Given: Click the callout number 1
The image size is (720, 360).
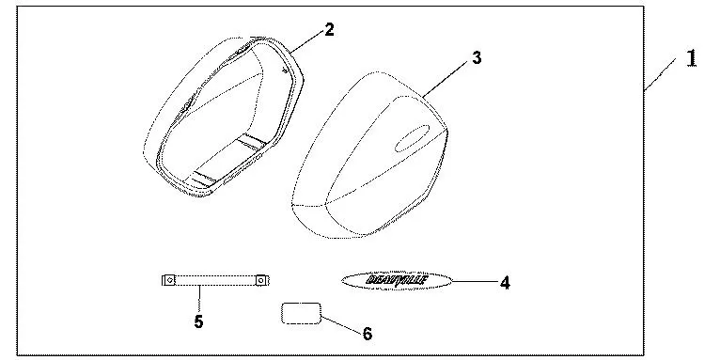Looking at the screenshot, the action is pyautogui.click(x=692, y=58).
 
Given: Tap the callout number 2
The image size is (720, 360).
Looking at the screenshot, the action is pyautogui.click(x=329, y=29).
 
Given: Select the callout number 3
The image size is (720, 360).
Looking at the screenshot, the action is pyautogui.click(x=477, y=58).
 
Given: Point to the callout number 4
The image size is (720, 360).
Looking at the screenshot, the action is pyautogui.click(x=505, y=281).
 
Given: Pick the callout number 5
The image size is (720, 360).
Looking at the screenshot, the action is pyautogui.click(x=198, y=321).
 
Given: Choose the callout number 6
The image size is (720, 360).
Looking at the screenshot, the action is pyautogui.click(x=368, y=333).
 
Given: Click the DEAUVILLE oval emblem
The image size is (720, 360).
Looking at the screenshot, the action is pyautogui.click(x=397, y=279).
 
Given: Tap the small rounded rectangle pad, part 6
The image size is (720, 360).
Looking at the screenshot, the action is pyautogui.click(x=301, y=314).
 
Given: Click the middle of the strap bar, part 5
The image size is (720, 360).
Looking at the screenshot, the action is pyautogui.click(x=213, y=280).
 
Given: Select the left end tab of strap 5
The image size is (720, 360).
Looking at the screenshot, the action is pyautogui.click(x=168, y=280).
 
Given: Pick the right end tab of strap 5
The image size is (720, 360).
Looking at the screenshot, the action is pyautogui.click(x=259, y=280).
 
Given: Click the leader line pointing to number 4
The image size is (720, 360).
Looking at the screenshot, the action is pyautogui.click(x=474, y=280).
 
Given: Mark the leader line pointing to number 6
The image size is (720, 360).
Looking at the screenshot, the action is pyautogui.click(x=339, y=323).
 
